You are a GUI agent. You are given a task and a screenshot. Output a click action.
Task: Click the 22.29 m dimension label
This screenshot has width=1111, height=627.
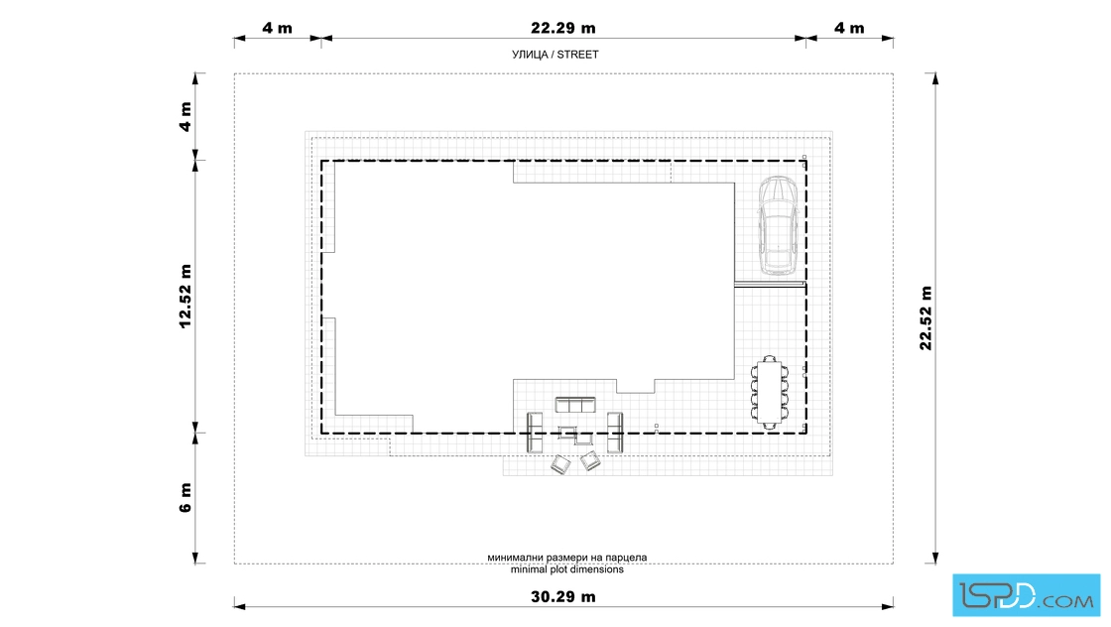tap(563, 29)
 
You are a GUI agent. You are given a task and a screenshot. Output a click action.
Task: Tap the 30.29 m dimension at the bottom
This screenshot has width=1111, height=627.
tap(563, 596)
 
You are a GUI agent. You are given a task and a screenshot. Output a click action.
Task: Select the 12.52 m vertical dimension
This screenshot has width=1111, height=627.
tap(185, 297)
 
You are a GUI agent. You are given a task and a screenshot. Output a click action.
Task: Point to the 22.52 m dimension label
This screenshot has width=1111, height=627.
tap(926, 318)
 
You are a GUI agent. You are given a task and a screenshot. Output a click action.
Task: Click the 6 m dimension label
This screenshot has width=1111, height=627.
tap(185, 497)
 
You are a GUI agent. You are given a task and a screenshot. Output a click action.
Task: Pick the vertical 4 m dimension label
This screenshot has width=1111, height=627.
tap(185, 116)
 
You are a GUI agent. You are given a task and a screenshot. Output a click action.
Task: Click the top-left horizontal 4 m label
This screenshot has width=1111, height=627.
tap(277, 29)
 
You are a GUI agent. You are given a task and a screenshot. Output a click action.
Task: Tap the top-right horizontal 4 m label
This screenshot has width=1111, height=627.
tap(849, 29)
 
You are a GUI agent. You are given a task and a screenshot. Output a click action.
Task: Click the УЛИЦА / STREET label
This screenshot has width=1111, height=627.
tap(555, 55)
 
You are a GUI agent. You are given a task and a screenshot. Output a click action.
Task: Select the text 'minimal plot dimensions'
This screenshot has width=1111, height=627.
tap(566, 569)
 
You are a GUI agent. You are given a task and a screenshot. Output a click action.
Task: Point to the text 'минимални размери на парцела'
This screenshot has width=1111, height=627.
tap(566, 558)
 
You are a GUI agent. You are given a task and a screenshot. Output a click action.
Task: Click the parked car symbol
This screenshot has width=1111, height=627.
tap(779, 225)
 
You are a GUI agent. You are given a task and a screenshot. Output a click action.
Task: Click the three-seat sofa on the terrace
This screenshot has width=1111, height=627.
tap(575, 405)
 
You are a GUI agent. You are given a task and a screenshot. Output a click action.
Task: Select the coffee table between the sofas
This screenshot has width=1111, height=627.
tap(574, 434)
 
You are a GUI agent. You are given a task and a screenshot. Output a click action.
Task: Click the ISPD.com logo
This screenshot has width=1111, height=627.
tap(1026, 595)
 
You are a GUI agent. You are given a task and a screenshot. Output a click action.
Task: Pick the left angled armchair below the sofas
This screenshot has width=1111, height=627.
tap(560, 464)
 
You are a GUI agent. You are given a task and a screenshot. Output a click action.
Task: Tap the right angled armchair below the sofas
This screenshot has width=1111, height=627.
tap(590, 461)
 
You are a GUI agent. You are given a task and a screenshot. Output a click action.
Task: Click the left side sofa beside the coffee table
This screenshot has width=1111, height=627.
tap(535, 433)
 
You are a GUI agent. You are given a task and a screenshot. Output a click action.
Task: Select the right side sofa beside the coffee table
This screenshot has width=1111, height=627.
tap(615, 433)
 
